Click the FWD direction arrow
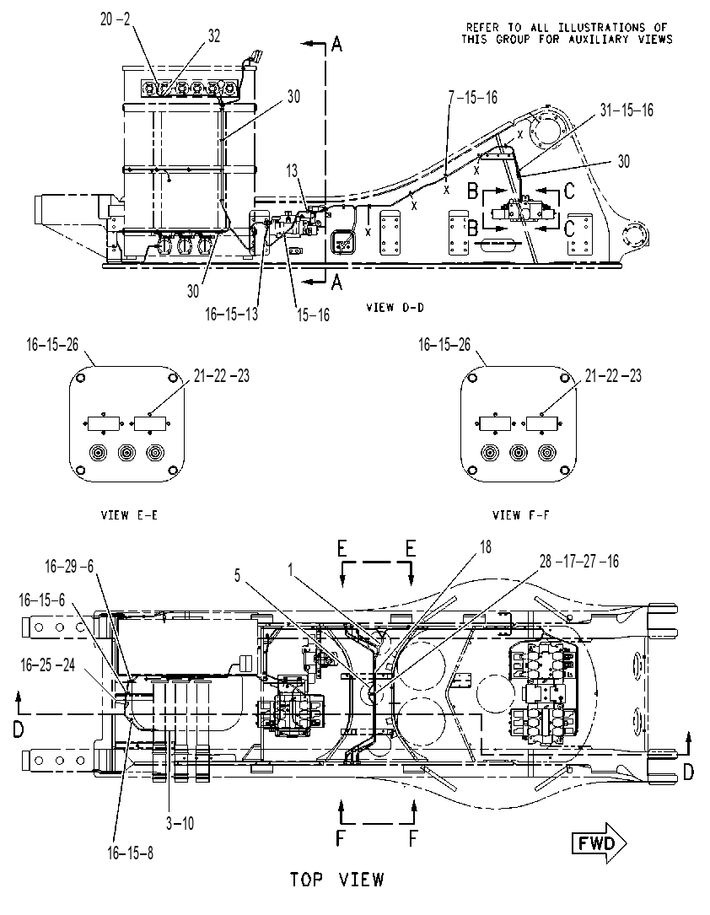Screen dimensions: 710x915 click(x=599, y=842)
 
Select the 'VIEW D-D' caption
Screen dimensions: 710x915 click(x=395, y=308)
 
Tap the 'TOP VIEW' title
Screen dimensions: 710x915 click(x=337, y=879)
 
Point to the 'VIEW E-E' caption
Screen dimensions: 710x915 click(x=129, y=514)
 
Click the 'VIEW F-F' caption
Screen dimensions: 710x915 click(x=521, y=514)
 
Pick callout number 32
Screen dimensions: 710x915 click(x=214, y=35)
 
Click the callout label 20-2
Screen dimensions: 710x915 click(x=116, y=19)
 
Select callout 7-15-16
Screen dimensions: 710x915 click(x=472, y=98)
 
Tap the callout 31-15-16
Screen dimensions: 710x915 click(x=627, y=110)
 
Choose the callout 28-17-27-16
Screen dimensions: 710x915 click(x=578, y=562)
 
